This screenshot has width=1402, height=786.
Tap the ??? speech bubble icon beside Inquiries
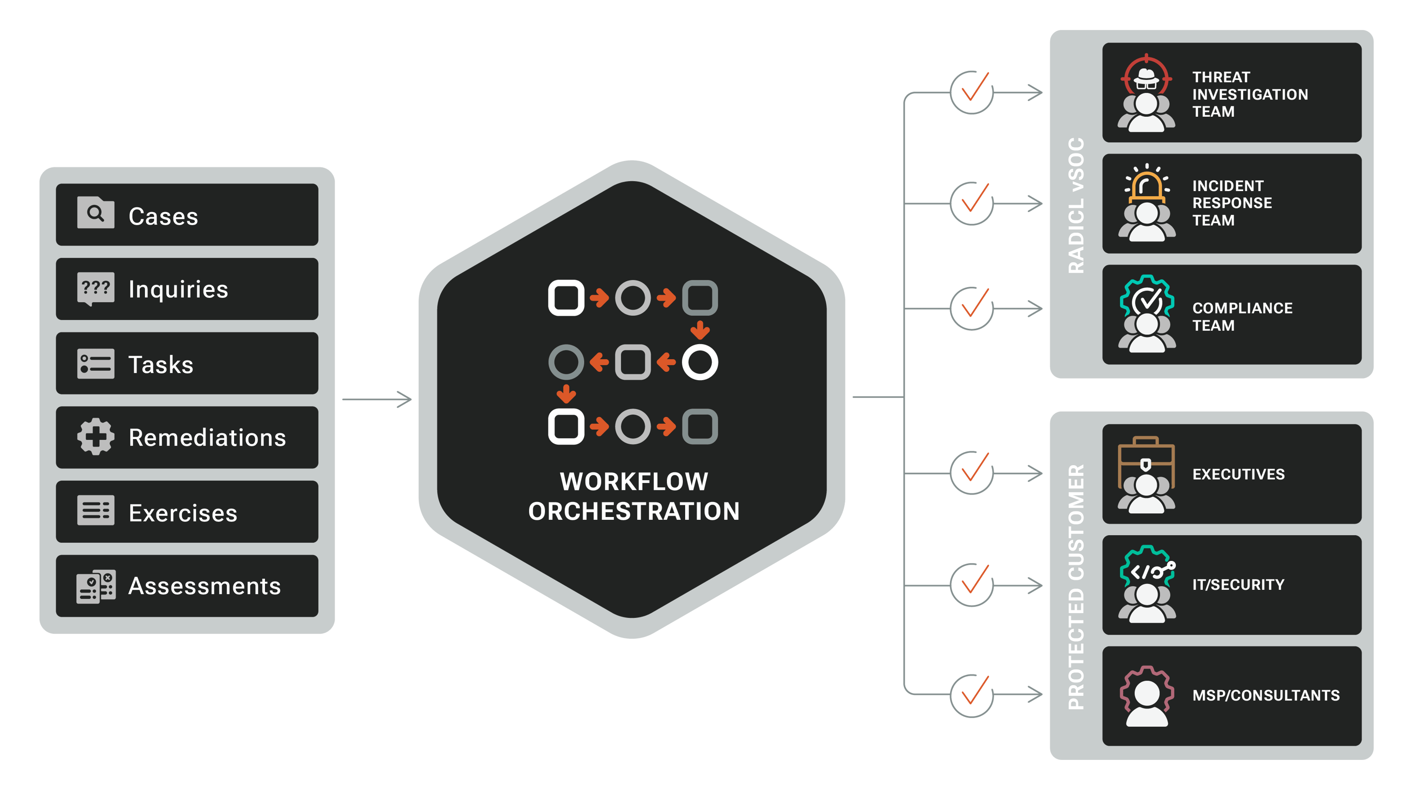pyautogui.click(x=96, y=288)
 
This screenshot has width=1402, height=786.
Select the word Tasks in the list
pyautogui.click(x=161, y=364)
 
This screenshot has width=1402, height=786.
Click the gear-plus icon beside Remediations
pyautogui.click(x=96, y=436)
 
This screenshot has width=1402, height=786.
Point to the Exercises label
pyautogui.click(x=183, y=513)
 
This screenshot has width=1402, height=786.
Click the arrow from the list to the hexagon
pyautogui.click(x=377, y=399)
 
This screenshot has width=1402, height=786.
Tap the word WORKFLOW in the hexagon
pyautogui.click(x=634, y=482)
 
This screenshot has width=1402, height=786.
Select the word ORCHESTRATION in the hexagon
pyautogui.click(x=634, y=511)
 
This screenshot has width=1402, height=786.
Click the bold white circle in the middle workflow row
pyautogui.click(x=700, y=362)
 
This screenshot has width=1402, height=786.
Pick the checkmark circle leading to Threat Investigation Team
pyautogui.click(x=972, y=92)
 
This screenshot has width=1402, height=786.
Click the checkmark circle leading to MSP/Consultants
pyautogui.click(x=972, y=695)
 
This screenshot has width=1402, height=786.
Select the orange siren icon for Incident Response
pyautogui.click(x=1146, y=185)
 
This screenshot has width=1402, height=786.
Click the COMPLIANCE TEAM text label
pyautogui.click(x=1242, y=317)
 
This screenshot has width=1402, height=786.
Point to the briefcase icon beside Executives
pyautogui.click(x=1146, y=460)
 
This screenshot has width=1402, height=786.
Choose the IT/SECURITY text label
pyautogui.click(x=1238, y=585)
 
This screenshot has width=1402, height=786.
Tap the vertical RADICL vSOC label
pyautogui.click(x=1076, y=205)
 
